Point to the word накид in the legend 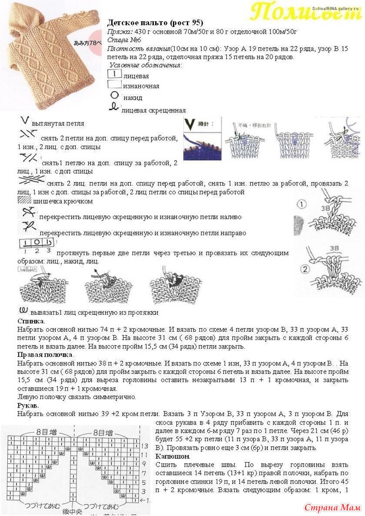(x=133, y=97)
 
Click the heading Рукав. (x=28, y=405)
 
